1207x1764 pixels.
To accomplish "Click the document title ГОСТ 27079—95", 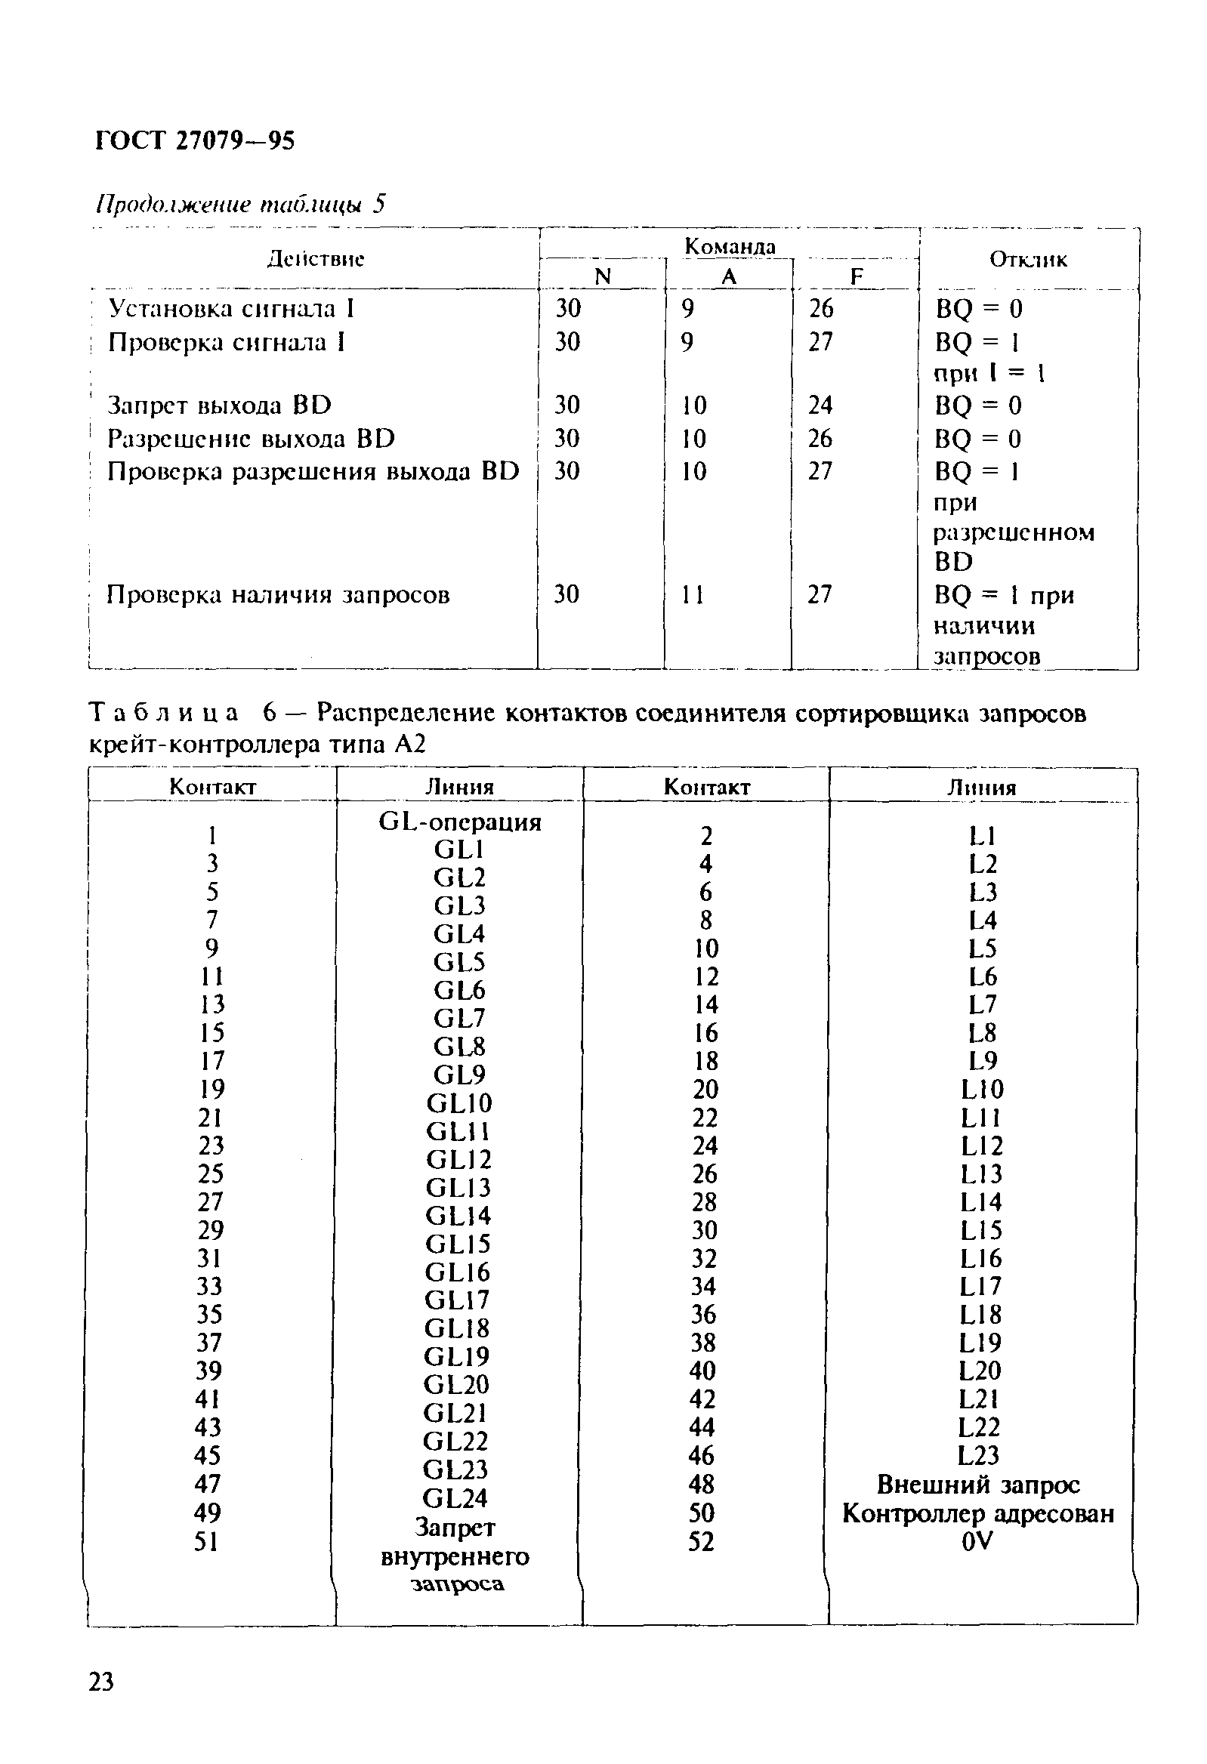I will pyautogui.click(x=195, y=141).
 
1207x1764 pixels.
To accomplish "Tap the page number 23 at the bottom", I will pyautogui.click(x=101, y=1681).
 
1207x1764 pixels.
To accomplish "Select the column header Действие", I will pyautogui.click(x=316, y=259).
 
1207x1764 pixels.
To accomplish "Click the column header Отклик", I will pyautogui.click(x=1028, y=260).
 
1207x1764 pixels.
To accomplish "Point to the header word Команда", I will pyautogui.click(x=730, y=246).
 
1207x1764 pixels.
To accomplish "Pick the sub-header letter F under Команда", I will pyautogui.click(x=857, y=277).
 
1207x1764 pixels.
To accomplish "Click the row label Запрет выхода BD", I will pyautogui.click(x=219, y=406).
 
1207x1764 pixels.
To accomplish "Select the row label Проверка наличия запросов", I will pyautogui.click(x=278, y=594).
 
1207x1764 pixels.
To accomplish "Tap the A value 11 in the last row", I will pyautogui.click(x=692, y=594).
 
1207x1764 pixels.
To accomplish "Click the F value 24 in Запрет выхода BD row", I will pyautogui.click(x=820, y=406).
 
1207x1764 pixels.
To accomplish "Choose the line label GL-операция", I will pyautogui.click(x=459, y=822).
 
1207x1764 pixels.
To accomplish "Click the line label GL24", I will pyautogui.click(x=455, y=1498).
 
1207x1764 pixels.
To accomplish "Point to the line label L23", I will pyautogui.click(x=978, y=1455).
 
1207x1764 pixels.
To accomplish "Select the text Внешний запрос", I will pyautogui.click(x=977, y=1484).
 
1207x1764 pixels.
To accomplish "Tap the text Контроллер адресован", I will pyautogui.click(x=977, y=1513).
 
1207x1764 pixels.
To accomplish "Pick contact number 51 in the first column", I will pyautogui.click(x=206, y=1541).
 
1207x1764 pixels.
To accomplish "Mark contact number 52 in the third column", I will pyautogui.click(x=702, y=1541).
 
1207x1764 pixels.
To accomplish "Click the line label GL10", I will pyautogui.click(x=458, y=1103).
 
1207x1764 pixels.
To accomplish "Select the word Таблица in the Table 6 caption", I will pyautogui.click(x=163, y=713).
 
